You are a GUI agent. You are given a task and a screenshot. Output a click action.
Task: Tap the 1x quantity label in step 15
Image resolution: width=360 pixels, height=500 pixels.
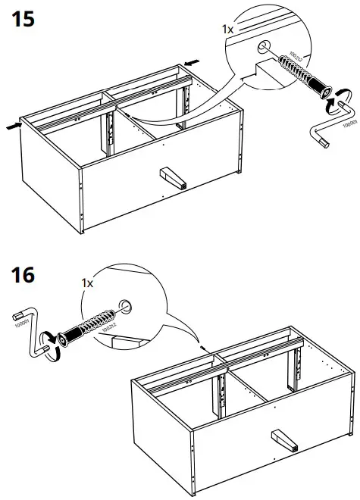(227, 28)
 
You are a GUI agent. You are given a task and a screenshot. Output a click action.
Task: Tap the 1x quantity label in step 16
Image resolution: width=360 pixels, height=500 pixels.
(86, 283)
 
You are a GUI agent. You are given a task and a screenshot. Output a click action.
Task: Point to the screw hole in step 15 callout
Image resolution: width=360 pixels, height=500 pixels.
(263, 47)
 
